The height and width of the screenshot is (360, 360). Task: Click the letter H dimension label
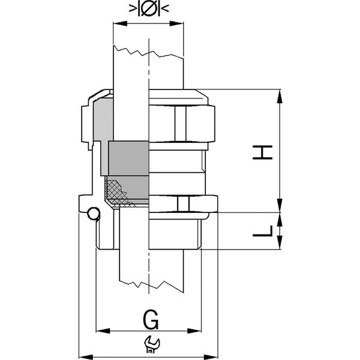coord(263,152)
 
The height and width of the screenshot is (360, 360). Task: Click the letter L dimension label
coord(263,231)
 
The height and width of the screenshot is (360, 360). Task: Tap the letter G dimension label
coord(151,320)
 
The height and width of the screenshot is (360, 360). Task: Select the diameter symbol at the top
coord(149,8)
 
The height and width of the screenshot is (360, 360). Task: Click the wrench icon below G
coord(152,344)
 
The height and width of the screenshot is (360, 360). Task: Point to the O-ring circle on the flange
coord(94,214)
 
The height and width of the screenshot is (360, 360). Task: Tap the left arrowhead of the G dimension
coord(103,331)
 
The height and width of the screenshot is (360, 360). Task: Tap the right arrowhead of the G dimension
coord(194,331)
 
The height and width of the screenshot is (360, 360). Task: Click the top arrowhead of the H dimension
coord(280,96)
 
